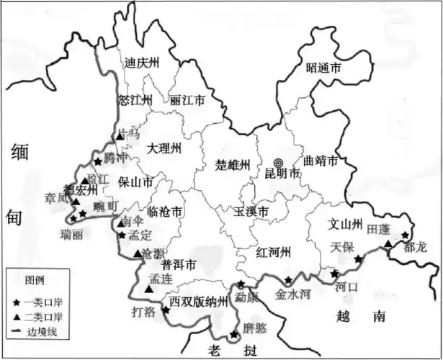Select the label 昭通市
click(323, 68)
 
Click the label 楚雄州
click(232, 165)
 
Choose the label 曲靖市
click(321, 161)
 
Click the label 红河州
click(273, 252)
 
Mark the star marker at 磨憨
click(233, 335)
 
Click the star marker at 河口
click(334, 274)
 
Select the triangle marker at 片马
click(120, 136)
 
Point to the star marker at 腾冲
click(98, 162)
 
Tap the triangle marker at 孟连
click(148, 289)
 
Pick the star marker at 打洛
click(166, 310)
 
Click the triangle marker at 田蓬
click(388, 244)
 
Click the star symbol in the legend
click(15, 301)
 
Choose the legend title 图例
click(35, 279)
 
